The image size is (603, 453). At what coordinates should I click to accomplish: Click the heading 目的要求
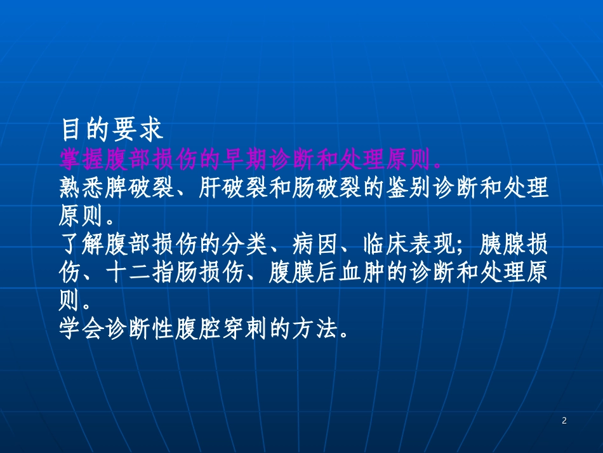coord(112,129)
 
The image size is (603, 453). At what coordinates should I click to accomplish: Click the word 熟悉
coord(85,188)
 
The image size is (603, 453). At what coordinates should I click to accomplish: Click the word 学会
coord(85,329)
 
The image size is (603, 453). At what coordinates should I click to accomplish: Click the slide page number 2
coord(564,421)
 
